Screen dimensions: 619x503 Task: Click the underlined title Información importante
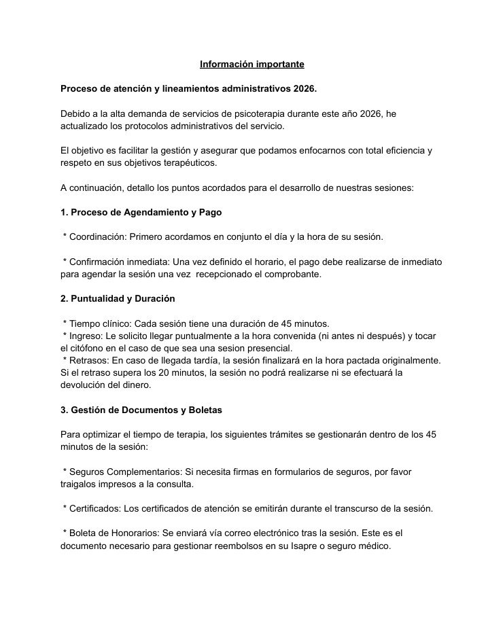[x=252, y=65]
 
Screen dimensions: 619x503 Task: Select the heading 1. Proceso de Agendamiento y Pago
[x=141, y=212]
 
